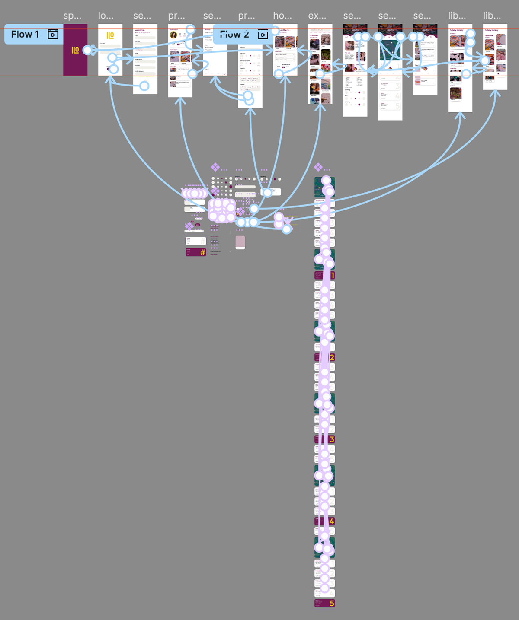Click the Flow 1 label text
point(25,35)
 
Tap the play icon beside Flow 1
point(53,35)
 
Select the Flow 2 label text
point(234,35)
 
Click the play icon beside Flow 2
point(263,35)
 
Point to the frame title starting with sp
point(72,16)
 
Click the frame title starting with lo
point(106,16)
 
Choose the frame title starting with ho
point(282,16)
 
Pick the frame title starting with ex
point(317,16)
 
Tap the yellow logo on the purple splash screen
point(75,50)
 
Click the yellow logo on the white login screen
point(110,35)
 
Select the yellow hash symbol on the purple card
point(202,252)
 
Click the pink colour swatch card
point(240,242)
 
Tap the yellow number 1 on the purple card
point(332,275)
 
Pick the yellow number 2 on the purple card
point(332,357)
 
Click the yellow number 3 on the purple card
point(332,439)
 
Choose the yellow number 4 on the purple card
point(332,521)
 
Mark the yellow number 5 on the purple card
point(332,604)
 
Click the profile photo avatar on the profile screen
point(173,35)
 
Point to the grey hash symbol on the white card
point(202,241)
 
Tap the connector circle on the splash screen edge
point(87,50)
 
